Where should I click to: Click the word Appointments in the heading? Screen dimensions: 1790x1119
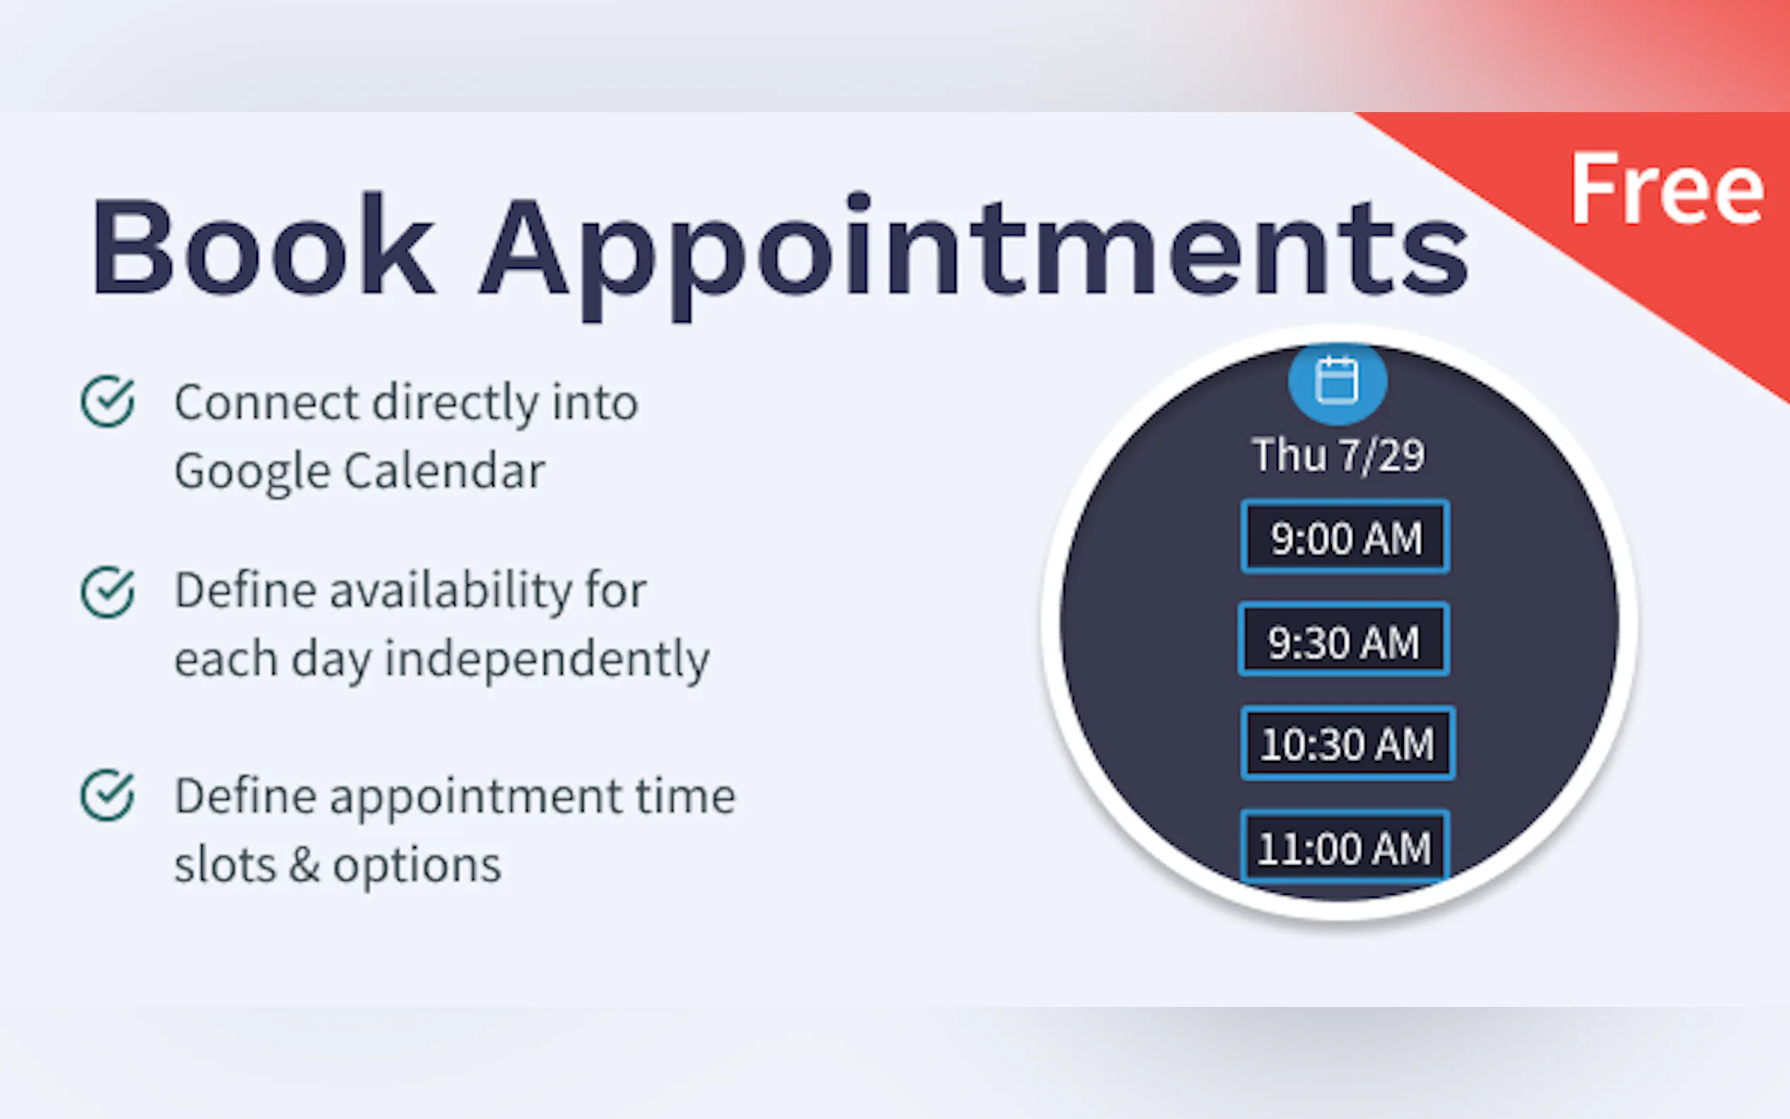973,256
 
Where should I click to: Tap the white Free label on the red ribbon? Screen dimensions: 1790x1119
1667,188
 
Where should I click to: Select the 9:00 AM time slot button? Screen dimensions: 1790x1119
1345,536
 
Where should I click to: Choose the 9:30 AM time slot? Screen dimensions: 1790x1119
1344,639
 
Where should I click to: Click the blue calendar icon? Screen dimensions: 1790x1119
1337,382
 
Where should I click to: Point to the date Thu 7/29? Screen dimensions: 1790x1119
1338,455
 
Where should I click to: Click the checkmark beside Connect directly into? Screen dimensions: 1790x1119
108,402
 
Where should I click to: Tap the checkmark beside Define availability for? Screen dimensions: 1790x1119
108,591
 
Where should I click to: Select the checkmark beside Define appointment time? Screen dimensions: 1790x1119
108,796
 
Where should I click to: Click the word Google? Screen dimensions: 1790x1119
252,472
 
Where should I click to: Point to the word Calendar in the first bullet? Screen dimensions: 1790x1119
445,470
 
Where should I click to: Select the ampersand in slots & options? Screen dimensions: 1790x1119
305,865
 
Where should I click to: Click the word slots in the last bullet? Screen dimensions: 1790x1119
225,865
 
